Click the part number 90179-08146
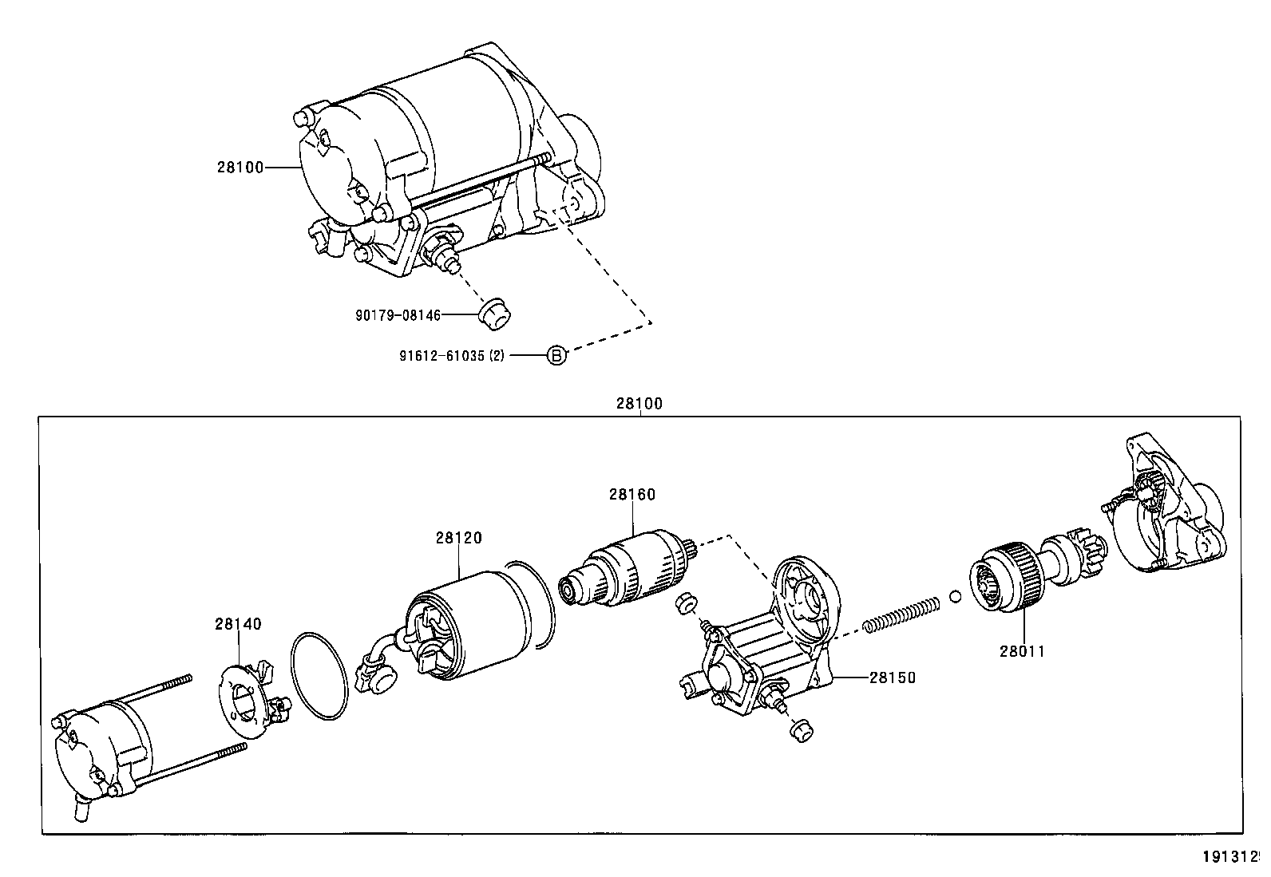(x=398, y=315)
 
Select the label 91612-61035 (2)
(x=452, y=356)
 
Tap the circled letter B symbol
(x=556, y=355)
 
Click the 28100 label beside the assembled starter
(x=240, y=168)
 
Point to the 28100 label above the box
(x=639, y=404)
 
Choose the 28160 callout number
(x=632, y=495)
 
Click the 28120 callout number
(x=458, y=539)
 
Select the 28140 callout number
(x=237, y=624)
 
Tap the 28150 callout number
(x=892, y=678)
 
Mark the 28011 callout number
(x=1022, y=651)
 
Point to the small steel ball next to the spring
(x=955, y=595)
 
